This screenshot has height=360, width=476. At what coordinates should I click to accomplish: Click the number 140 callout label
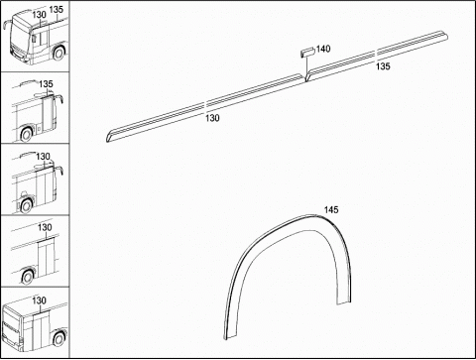click(x=323, y=49)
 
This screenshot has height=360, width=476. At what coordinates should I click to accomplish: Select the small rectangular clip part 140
click(x=307, y=53)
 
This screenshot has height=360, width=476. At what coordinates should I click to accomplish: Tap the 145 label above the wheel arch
click(x=331, y=210)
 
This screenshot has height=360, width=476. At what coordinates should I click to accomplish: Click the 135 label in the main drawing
click(x=383, y=66)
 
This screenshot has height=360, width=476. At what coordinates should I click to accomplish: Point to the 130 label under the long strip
click(x=212, y=118)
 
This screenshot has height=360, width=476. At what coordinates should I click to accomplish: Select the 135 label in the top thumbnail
click(x=56, y=9)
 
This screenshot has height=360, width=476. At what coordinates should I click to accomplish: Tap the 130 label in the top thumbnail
click(x=39, y=15)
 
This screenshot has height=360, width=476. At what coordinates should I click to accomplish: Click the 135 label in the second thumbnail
click(x=46, y=84)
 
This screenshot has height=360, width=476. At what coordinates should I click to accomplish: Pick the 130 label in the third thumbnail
click(x=43, y=157)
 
